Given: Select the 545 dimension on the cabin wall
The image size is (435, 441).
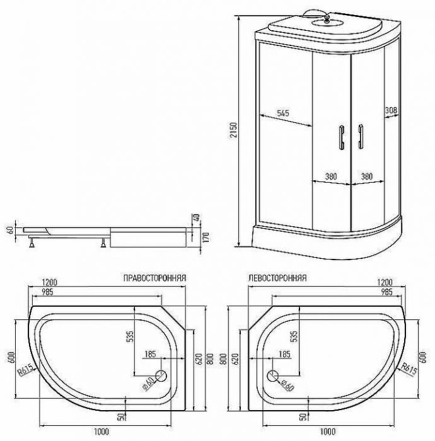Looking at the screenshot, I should tap(283, 114).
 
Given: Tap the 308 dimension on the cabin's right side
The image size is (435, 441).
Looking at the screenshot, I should tap(391, 111).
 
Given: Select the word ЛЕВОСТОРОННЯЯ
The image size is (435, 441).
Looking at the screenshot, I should tap(275, 278).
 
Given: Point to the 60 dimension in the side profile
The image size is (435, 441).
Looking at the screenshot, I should tap(9, 230).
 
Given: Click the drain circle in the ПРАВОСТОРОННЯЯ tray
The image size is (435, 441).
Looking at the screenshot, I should tap(159, 376).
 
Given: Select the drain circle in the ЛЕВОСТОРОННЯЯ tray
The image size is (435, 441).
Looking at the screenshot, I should tap(274, 376).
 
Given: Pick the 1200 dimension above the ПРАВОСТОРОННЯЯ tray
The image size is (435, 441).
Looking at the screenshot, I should tap(50, 282).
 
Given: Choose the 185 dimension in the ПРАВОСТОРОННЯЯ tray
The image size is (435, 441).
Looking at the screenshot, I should tap(150, 355).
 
